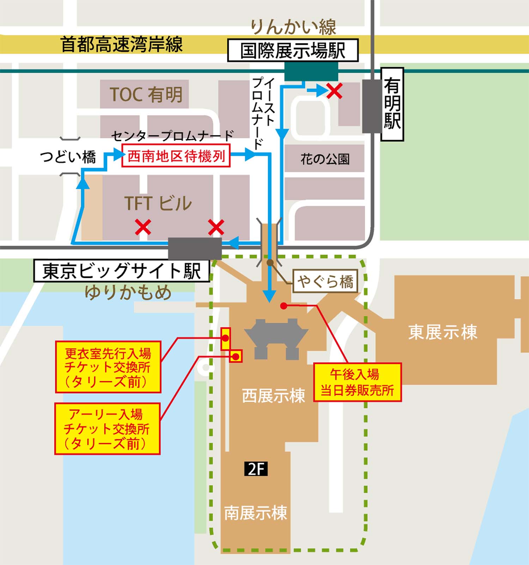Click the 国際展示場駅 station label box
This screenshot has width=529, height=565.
click(293, 50)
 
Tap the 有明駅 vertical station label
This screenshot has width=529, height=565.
click(392, 104)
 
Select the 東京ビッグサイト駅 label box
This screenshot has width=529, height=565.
click(122, 271)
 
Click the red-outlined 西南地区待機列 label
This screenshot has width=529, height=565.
click(176, 156)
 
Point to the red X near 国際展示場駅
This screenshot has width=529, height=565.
click(334, 91)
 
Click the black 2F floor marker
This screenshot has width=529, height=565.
click(256, 469)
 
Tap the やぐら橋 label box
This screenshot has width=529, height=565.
click(325, 281)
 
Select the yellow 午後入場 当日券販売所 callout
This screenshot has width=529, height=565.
click(357, 382)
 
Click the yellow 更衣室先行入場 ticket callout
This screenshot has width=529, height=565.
click(108, 367)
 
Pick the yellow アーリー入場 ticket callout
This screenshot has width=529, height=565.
click(107, 429)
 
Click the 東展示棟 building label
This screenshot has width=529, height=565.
click(443, 332)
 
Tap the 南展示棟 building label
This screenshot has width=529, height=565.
click(256, 513)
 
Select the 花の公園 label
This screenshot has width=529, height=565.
click(325, 159)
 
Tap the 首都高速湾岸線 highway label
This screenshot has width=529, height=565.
click(122, 44)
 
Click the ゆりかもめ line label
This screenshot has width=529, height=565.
click(128, 292)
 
